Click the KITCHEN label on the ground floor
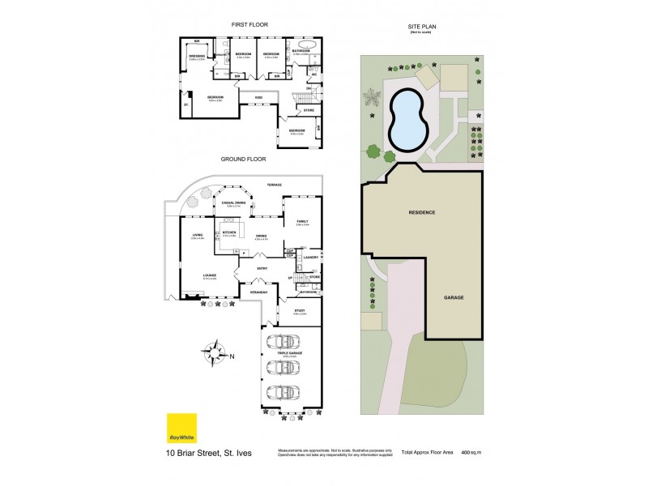click(x=228, y=233)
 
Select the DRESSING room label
click(x=196, y=57)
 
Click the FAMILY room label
click(x=302, y=221)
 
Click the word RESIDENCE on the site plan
click(x=421, y=212)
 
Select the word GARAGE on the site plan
click(x=454, y=297)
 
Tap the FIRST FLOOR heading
click(x=249, y=25)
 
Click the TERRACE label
click(x=262, y=185)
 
